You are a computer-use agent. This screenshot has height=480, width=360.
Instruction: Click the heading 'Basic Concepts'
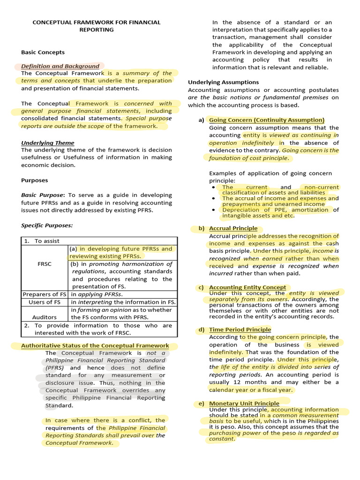pyautogui.click(x=43, y=52)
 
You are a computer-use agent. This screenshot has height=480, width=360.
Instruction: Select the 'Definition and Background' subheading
pyautogui.click(x=60, y=66)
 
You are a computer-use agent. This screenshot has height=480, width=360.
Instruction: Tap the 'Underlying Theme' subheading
pyautogui.click(x=47, y=142)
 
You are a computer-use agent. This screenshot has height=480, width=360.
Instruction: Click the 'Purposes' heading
pyautogui.click(x=34, y=180)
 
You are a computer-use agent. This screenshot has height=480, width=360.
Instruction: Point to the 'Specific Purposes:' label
pyautogui.click(x=47, y=225)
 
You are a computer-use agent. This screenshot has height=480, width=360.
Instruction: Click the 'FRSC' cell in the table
pyautogui.click(x=45, y=264)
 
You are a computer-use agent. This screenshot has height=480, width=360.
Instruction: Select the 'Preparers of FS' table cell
pyautogui.click(x=45, y=294)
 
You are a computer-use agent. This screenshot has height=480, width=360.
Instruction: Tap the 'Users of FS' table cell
pyautogui.click(x=45, y=302)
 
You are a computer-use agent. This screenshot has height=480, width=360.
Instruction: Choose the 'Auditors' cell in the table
pyautogui.click(x=45, y=317)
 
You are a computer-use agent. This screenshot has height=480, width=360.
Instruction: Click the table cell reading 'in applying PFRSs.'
pyautogui.click(x=97, y=294)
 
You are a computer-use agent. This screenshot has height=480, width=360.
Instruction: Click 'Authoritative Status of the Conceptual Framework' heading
pyautogui.click(x=95, y=345)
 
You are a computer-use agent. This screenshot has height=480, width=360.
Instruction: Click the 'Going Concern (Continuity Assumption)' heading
pyautogui.click(x=266, y=120)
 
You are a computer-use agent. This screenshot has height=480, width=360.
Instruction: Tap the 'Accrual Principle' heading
pyautogui.click(x=233, y=228)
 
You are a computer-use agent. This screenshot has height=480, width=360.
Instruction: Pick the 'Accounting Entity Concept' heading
pyautogui.click(x=247, y=287)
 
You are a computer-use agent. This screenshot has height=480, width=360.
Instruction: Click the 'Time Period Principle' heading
pyautogui.click(x=240, y=330)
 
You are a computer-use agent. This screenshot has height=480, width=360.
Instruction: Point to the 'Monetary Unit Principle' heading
pyautogui.click(x=244, y=403)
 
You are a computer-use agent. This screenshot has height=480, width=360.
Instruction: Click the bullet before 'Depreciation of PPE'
pyautogui.click(x=214, y=210)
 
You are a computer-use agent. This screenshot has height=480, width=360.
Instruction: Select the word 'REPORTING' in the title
pyautogui.click(x=96, y=30)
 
